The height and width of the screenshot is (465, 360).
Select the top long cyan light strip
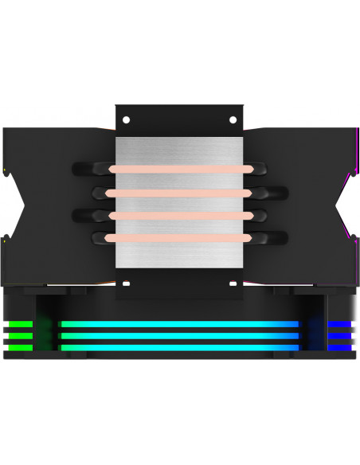coord(179,324)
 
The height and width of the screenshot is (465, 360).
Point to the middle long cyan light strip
coord(179,335)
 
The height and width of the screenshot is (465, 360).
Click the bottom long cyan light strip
coord(179,347)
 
